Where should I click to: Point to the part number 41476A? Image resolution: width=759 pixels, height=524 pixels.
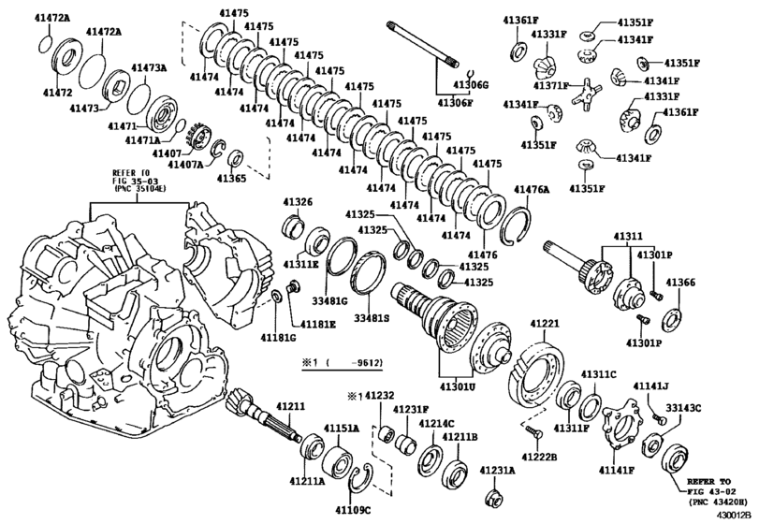tap(532, 189)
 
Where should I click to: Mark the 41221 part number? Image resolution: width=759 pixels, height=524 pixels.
tap(545, 325)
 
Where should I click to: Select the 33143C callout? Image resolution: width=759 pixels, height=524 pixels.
tap(683, 408)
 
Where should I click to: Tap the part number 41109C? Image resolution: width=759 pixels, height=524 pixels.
tap(354, 510)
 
